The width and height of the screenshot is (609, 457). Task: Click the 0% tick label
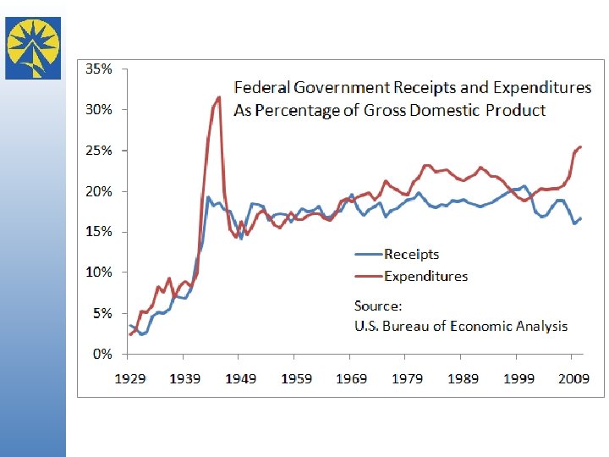click(101, 354)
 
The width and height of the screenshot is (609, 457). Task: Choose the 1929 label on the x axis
click(130, 378)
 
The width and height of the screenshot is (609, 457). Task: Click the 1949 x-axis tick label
click(241, 378)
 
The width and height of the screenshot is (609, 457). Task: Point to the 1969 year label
click(352, 378)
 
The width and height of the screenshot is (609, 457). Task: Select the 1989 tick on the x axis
click(463, 378)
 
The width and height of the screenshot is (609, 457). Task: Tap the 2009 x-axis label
click(573, 378)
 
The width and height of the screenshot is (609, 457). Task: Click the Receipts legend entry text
click(411, 254)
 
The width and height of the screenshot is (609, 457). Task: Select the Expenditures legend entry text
click(425, 276)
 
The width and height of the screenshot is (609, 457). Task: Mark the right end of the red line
click(581, 146)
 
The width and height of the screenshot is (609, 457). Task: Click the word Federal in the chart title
click(261, 88)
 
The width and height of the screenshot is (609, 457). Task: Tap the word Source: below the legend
click(378, 306)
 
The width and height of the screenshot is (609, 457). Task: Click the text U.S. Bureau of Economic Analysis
click(460, 327)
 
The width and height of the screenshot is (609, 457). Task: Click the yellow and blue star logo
click(33, 47)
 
